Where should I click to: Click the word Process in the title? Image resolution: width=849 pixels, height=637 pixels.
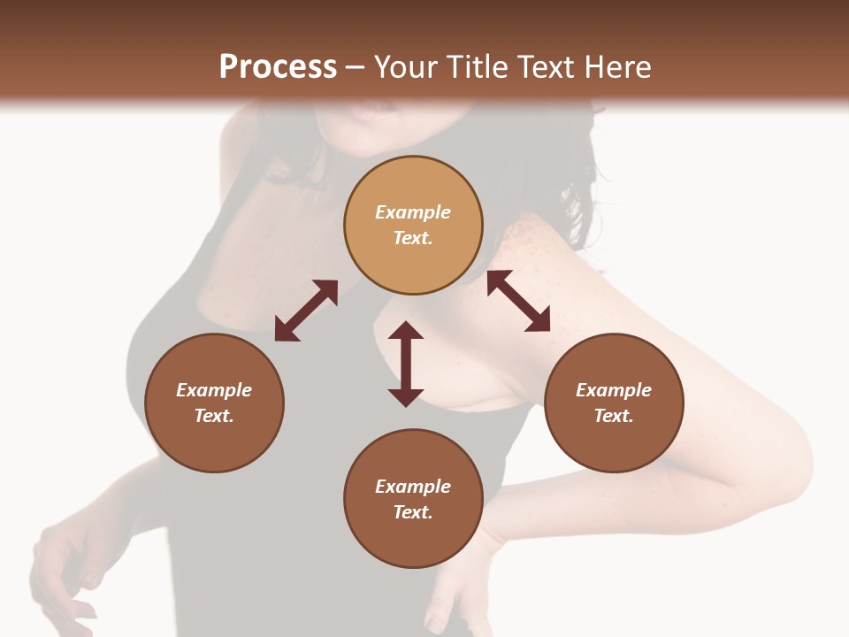click(x=278, y=67)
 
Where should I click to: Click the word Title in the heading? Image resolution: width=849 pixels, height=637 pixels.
click(x=478, y=67)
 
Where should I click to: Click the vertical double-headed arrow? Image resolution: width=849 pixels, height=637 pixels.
click(x=406, y=364)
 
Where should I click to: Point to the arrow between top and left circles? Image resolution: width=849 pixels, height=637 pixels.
click(x=306, y=311)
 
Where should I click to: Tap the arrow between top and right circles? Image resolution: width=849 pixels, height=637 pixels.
click(x=519, y=301)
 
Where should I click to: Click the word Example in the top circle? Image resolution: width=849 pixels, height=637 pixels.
click(x=413, y=212)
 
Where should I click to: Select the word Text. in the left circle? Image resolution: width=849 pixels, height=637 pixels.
click(x=214, y=416)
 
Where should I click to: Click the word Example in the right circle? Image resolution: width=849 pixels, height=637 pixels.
click(x=614, y=390)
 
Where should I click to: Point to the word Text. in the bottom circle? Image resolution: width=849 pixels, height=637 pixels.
click(x=413, y=512)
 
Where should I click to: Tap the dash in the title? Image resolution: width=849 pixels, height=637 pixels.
click(x=356, y=68)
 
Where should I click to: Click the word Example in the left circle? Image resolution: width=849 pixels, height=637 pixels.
click(x=214, y=390)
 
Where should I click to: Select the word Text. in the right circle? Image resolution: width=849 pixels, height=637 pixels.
click(x=614, y=416)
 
